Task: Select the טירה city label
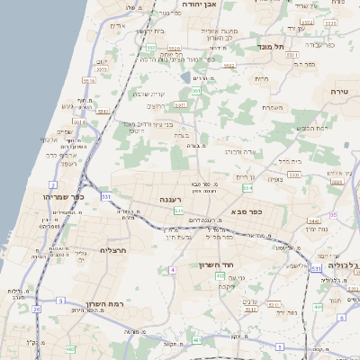tap(339, 92)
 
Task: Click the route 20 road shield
tap(37, 309)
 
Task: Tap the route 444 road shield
tap(318, 306)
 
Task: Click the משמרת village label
tap(274, 108)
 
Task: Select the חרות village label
tap(262, 79)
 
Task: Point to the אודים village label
tap(117, 25)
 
